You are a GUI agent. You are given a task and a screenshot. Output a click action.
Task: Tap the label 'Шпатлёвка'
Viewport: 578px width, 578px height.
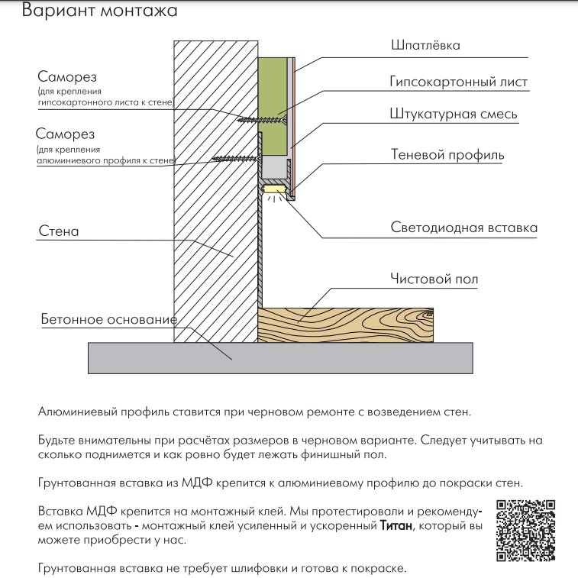426,46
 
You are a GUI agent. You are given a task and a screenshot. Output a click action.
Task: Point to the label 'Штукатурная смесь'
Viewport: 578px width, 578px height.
454,115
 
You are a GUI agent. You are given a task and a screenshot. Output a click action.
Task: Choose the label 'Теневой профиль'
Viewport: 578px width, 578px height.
447,155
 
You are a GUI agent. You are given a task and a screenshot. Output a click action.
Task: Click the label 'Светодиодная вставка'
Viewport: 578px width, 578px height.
463,228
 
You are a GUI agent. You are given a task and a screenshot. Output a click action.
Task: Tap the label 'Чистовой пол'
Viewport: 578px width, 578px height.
434,279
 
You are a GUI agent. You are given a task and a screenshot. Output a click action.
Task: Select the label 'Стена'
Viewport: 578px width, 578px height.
58,230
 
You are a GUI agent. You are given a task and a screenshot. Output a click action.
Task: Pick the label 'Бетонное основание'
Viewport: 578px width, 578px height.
108,318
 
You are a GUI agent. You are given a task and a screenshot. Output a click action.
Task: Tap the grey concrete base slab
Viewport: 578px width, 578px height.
281,357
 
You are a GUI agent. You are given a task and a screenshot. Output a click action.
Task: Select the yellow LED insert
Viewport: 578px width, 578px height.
273,186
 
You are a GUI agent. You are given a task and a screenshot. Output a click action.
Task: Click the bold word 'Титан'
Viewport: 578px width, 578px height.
396,526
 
